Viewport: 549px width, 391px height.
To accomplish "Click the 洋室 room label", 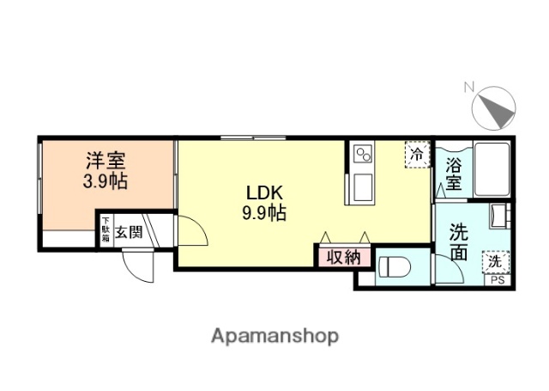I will click(x=106, y=161).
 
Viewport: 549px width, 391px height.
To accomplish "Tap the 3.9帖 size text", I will click(x=106, y=181).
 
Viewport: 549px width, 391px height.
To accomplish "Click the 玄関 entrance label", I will click(x=130, y=230).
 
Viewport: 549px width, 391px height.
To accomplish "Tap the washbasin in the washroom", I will click(x=498, y=216).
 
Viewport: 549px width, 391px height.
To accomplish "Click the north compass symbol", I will click(x=494, y=108).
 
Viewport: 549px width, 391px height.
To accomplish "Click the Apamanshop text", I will click(x=274, y=335).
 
